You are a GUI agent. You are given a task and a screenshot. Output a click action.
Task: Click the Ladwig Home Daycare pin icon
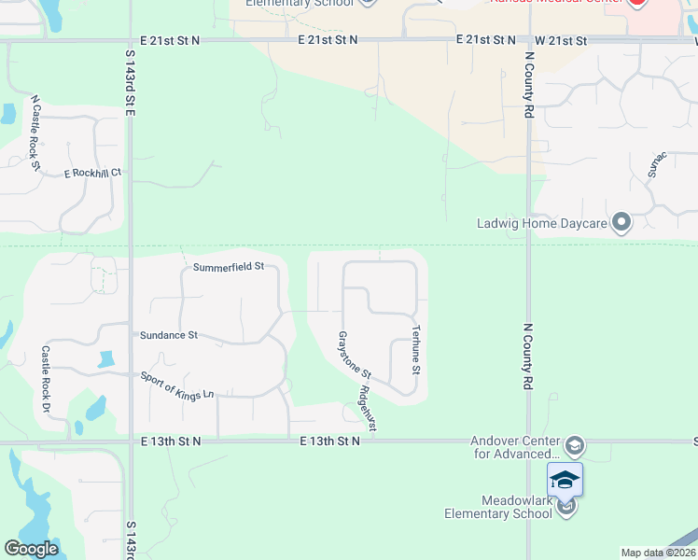coord(621,223)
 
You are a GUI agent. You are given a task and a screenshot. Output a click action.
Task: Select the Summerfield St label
coord(229,267)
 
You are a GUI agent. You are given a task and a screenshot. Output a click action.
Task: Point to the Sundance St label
coord(168,334)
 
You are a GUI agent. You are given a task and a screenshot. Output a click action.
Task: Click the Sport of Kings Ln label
coord(177,385)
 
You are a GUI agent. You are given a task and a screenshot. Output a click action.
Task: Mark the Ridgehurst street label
coord(370,408)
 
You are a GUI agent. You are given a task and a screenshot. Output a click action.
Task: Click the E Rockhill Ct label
coord(92,173)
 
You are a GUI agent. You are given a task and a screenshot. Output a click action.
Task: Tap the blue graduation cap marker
coord(565,480)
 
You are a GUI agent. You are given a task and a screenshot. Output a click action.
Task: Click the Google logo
coord(31,549)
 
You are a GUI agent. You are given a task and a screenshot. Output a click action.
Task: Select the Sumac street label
coord(657,165)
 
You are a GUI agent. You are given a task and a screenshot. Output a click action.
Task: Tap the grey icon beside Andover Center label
coord(575,443)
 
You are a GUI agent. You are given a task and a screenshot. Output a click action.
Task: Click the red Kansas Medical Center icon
coord(637,3)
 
